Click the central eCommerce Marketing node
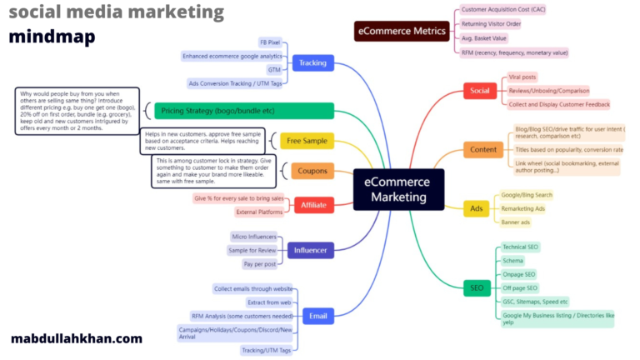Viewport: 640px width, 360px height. point(399,189)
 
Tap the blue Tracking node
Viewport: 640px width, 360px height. point(312,62)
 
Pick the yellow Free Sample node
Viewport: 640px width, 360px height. point(307,141)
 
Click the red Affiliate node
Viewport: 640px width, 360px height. point(313,205)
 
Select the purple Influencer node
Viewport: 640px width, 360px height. point(309,249)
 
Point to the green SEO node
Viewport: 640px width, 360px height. point(476,288)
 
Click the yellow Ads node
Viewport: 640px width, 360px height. point(476,208)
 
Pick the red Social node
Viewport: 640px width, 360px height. point(479,90)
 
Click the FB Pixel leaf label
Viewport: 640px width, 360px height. point(268,42)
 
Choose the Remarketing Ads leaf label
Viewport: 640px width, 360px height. point(523,208)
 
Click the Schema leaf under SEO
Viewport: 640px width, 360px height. point(513,261)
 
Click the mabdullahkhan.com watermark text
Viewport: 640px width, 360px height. point(77,339)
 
